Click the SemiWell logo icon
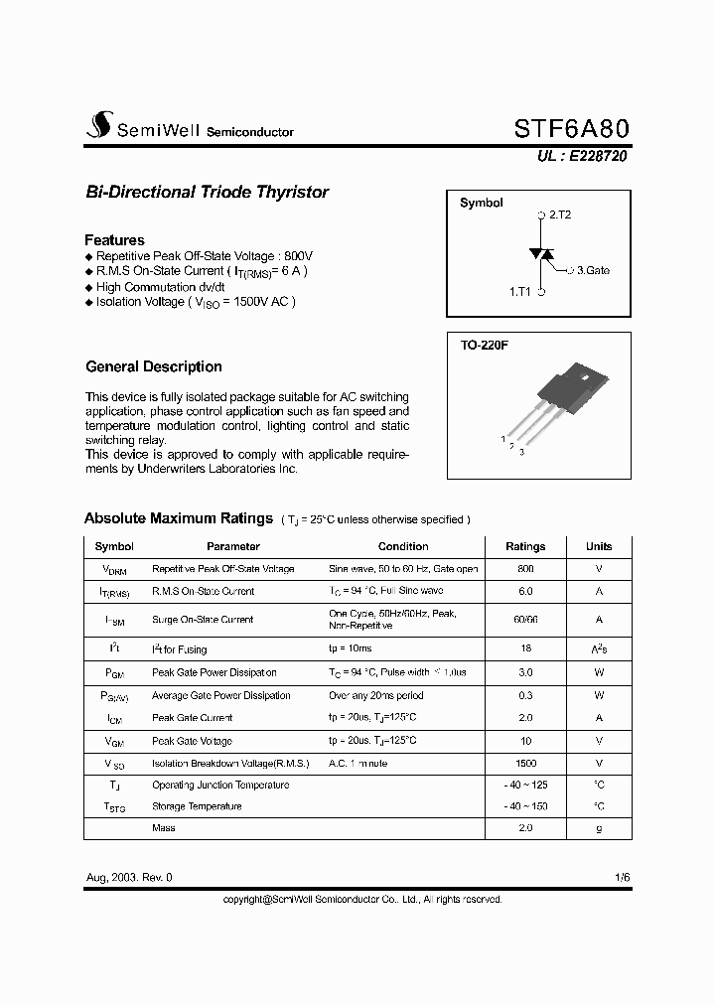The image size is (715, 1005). (x=98, y=125)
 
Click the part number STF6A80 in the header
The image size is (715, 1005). (x=571, y=128)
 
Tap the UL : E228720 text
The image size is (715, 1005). (x=583, y=156)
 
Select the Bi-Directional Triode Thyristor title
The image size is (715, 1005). (x=207, y=192)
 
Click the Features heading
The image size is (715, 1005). (x=114, y=240)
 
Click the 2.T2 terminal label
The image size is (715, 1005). (x=559, y=215)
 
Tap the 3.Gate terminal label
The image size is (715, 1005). (x=593, y=269)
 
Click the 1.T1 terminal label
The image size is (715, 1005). (x=520, y=292)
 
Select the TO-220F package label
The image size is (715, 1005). (x=484, y=346)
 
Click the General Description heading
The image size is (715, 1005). (x=154, y=366)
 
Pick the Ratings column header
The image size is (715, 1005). (x=525, y=546)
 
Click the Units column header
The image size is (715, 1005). (x=599, y=546)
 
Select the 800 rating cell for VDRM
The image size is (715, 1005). (x=525, y=569)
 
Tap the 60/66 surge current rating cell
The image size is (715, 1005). (x=525, y=620)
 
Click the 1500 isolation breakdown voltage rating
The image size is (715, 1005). (x=525, y=763)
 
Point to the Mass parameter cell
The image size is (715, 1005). (x=164, y=827)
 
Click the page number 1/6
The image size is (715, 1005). (x=622, y=878)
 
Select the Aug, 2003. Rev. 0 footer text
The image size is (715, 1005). (x=129, y=878)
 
